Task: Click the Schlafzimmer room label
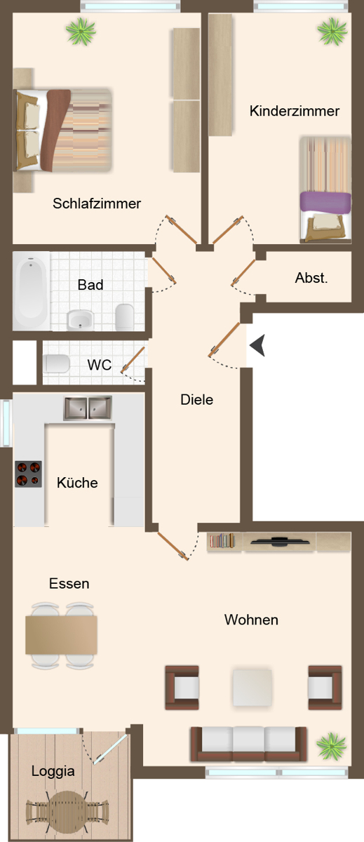97,203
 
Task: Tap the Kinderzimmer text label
295,111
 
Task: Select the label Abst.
311,278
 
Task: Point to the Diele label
197,399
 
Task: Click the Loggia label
53,771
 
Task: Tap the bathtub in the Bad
31,290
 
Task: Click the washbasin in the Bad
80,320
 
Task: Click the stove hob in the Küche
28,474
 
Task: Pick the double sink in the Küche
88,408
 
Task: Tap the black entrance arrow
257,345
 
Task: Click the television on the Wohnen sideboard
280,542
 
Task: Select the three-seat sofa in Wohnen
248,744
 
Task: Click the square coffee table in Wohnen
252,688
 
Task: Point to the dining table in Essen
61,635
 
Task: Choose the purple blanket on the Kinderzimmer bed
325,202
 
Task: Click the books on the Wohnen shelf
222,540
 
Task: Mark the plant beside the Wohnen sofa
331,746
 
